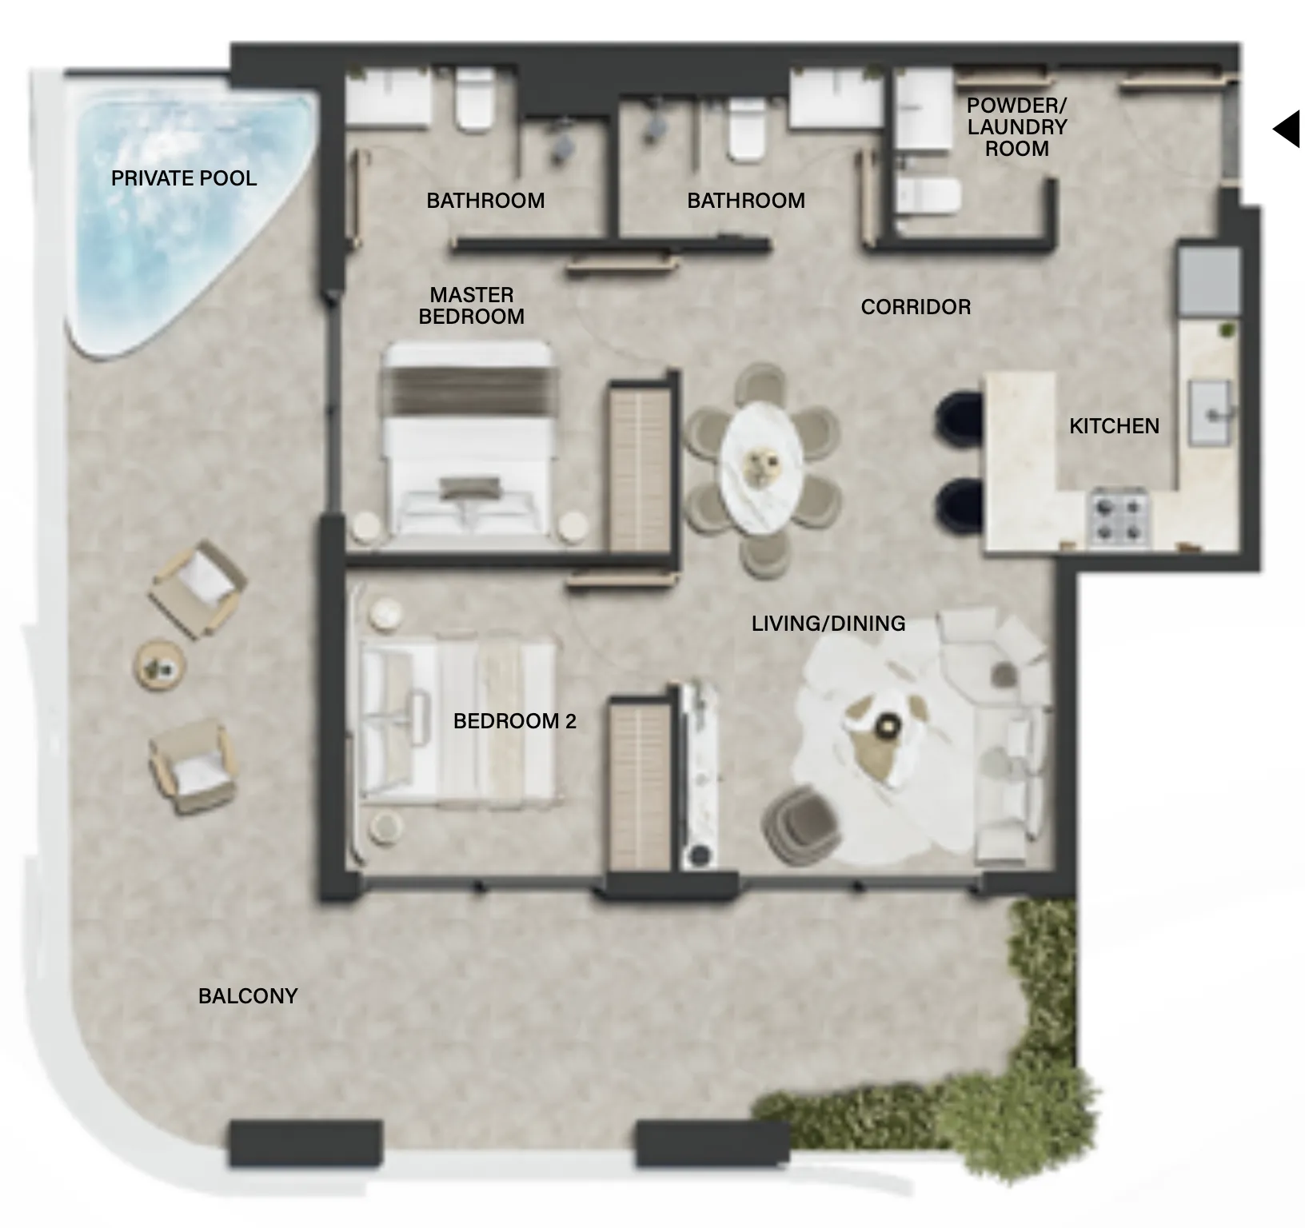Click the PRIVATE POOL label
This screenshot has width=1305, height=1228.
point(184,177)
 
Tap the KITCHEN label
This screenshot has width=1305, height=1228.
point(1114,425)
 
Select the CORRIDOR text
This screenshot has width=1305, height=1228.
point(916,306)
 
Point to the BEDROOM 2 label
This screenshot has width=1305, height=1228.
point(514,721)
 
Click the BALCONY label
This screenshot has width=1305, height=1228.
point(248,995)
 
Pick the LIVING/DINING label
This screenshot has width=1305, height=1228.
point(828,623)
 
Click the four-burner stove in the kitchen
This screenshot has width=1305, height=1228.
point(1119,518)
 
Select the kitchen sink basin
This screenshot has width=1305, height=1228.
point(1211,412)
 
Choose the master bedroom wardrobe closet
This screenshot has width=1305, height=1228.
point(640,467)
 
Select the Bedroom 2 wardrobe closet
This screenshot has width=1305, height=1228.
point(640,783)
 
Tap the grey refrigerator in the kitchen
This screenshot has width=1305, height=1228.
point(1207,280)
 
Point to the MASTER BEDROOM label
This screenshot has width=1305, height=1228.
point(472,305)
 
